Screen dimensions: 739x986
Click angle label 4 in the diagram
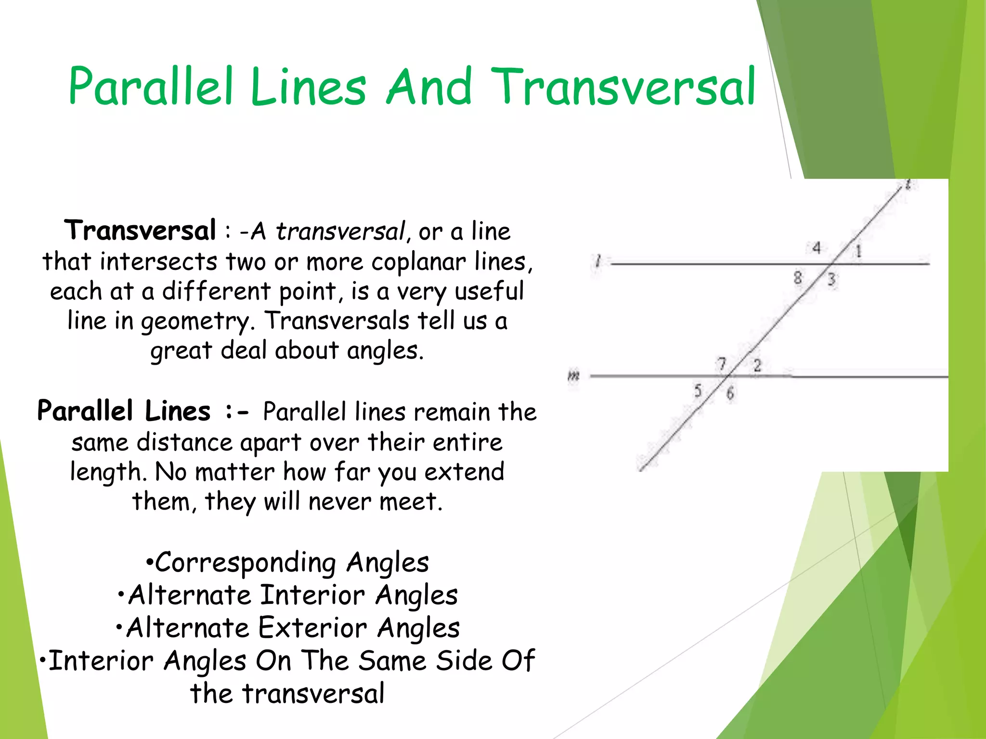817,248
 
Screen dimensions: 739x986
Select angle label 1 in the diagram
858,251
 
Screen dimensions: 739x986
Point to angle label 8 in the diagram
798,278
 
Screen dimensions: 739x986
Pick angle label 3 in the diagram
831,280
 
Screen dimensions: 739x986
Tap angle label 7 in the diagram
722,364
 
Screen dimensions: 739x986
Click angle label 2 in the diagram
757,366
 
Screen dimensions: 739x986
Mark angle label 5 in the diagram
698,391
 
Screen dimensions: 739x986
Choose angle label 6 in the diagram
730,394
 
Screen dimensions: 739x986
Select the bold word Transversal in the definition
140,230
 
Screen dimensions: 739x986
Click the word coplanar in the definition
418,262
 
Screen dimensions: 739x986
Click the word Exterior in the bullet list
312,628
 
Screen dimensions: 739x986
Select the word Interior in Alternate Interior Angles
312,595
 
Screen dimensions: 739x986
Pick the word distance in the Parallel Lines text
184,442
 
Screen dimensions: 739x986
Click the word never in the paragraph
340,502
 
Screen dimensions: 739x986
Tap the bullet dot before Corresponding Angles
150,562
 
